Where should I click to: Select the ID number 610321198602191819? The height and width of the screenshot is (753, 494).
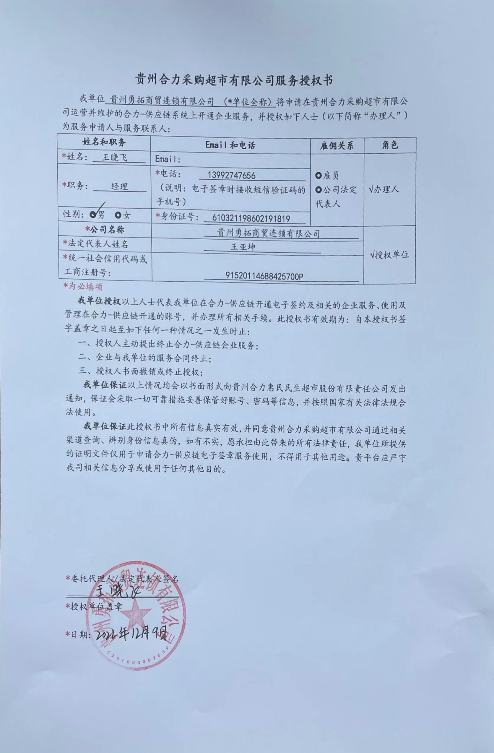[251, 218]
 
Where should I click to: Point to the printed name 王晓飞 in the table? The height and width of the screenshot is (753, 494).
[114, 158]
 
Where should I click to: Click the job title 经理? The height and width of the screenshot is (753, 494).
[119, 186]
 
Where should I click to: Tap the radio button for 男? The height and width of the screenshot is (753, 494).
[93, 215]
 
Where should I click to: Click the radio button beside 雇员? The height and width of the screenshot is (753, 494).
[318, 175]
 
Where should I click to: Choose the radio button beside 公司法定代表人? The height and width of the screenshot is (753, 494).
[318, 190]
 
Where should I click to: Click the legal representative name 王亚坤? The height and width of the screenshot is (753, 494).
[243, 247]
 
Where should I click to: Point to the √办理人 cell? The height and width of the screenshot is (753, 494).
[384, 189]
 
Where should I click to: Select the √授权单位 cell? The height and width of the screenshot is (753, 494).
[389, 255]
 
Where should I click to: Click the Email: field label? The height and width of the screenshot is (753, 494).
[168, 159]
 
